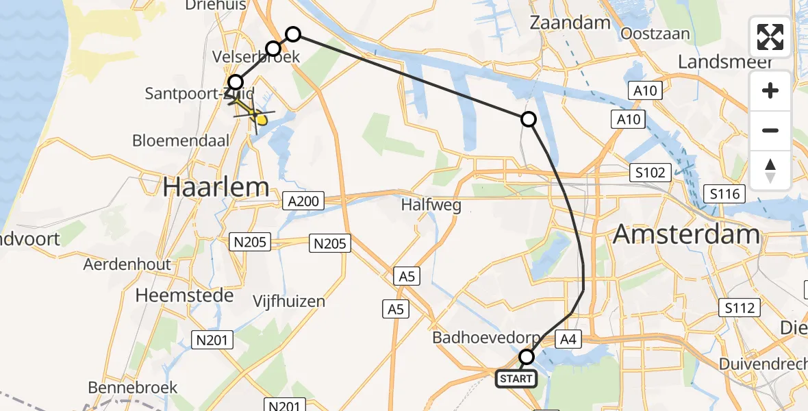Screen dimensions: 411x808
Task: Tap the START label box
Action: [x=516, y=378]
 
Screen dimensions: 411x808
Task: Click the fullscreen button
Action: [x=770, y=37]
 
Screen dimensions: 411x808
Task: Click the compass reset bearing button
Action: [x=770, y=170]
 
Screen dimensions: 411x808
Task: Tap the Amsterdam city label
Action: [x=686, y=235]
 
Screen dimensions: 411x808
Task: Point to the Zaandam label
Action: [x=570, y=23]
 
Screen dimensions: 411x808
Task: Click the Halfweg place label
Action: [x=431, y=204]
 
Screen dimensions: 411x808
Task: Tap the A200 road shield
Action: [x=303, y=201]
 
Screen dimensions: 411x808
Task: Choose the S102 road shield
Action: [x=649, y=173]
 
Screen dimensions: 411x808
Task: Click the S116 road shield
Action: [x=724, y=194]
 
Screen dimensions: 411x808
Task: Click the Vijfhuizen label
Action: [x=289, y=301]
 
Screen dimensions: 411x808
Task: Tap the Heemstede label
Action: [x=185, y=296]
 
